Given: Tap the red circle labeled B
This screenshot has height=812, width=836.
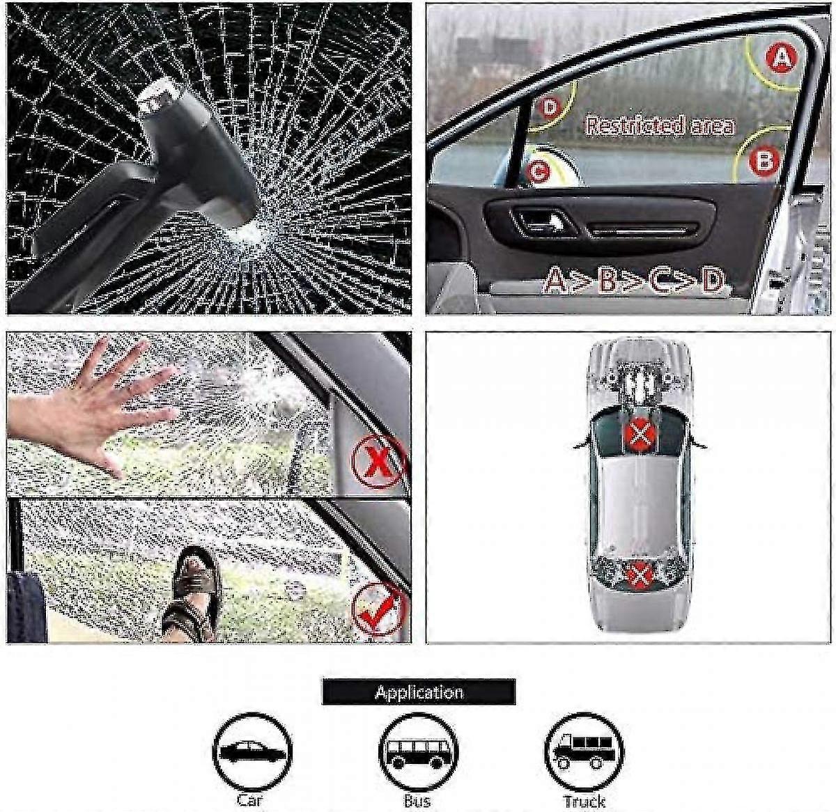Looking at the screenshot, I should click(764, 162).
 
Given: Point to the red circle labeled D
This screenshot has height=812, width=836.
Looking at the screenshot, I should click(550, 108).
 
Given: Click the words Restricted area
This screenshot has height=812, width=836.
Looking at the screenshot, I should click(659, 125).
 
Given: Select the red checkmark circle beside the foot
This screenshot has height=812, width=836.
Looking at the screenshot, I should click(378, 608).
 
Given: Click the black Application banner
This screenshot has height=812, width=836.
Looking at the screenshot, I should click(418, 692).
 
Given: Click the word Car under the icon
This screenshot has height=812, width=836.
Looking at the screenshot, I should click(249, 799).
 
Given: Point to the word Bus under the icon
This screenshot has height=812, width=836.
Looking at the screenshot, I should click(417, 801).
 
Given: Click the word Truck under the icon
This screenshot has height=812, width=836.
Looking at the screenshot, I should click(584, 801).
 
